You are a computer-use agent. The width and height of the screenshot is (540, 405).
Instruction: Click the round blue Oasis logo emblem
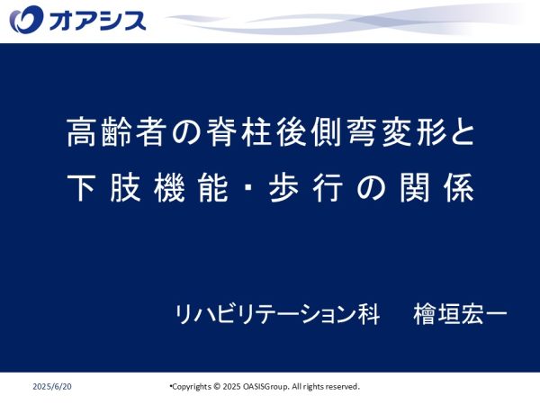[26, 20]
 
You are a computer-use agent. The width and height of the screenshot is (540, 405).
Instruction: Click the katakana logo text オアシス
[97, 21]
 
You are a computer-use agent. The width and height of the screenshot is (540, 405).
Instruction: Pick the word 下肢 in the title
[104, 188]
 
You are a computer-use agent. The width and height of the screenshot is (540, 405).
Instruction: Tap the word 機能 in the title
[191, 188]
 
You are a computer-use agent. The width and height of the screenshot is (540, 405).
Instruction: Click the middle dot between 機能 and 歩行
[249, 188]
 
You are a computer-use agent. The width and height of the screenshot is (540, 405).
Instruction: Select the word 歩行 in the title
[306, 188]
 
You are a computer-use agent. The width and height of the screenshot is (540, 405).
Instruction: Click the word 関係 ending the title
[436, 188]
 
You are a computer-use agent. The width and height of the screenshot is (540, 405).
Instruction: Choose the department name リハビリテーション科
[277, 314]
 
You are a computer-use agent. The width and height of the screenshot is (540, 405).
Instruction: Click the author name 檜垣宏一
[460, 314]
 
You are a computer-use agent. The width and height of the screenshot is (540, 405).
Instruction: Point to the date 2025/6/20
[52, 386]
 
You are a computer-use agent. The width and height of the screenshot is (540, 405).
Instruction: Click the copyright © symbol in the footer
[217, 386]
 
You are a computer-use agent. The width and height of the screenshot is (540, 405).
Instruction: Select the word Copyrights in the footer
[192, 387]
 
